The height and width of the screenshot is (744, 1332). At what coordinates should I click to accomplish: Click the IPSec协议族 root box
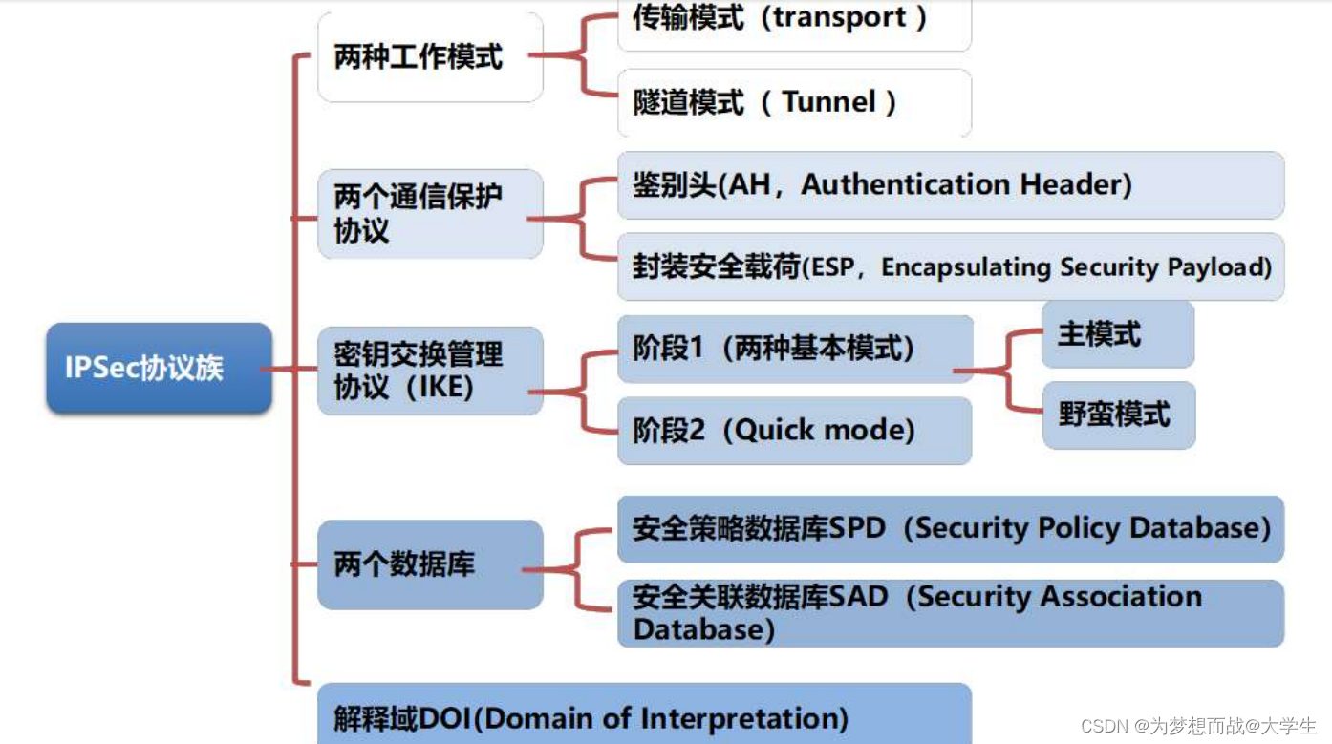click(159, 368)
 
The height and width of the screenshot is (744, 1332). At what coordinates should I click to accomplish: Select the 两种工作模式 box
click(430, 57)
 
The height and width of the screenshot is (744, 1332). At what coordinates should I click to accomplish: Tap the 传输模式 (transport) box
click(794, 21)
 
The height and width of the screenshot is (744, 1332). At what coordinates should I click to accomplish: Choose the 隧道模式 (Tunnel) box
click(794, 102)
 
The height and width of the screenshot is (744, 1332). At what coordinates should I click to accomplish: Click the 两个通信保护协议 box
click(430, 214)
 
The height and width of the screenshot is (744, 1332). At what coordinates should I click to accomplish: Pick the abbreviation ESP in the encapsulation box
click(827, 267)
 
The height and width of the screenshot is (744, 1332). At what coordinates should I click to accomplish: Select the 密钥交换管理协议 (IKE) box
click(430, 371)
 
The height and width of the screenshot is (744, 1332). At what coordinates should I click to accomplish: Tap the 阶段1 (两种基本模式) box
click(794, 349)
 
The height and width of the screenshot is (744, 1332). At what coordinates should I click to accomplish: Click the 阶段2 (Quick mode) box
click(794, 431)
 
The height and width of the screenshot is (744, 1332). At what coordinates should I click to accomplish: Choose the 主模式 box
click(1117, 334)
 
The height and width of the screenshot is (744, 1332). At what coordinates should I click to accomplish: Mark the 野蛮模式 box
click(1118, 415)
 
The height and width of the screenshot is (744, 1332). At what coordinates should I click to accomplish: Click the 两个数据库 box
click(430, 564)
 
